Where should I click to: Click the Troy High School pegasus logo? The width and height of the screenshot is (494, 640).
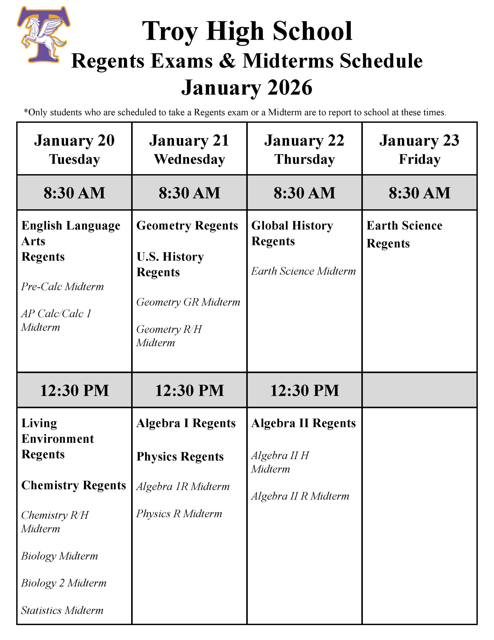coord(43,34)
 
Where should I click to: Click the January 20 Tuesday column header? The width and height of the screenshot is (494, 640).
coord(74,149)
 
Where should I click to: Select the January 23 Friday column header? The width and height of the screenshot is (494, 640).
coord(419,149)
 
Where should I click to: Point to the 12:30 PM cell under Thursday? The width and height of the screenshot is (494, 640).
coord(304,390)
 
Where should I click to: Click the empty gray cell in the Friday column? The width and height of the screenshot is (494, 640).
coord(419,390)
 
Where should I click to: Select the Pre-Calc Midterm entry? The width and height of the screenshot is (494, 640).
coord(62,286)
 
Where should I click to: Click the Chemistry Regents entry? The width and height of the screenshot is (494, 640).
coord(73,485)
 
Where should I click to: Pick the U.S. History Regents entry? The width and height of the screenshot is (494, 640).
coord(170,264)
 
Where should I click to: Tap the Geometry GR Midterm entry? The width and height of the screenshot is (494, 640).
coord(188,302)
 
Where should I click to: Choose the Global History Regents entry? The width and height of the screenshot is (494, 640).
coord(292,233)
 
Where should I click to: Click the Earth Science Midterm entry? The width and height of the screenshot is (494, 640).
coord(303,271)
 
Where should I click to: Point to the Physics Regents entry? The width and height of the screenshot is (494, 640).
coord(180,456)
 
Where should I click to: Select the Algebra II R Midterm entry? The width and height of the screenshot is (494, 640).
coord(300,496)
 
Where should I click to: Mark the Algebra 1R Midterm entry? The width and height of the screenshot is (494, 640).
coord(183,486)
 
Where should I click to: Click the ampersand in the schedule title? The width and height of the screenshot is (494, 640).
coord(227,61)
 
